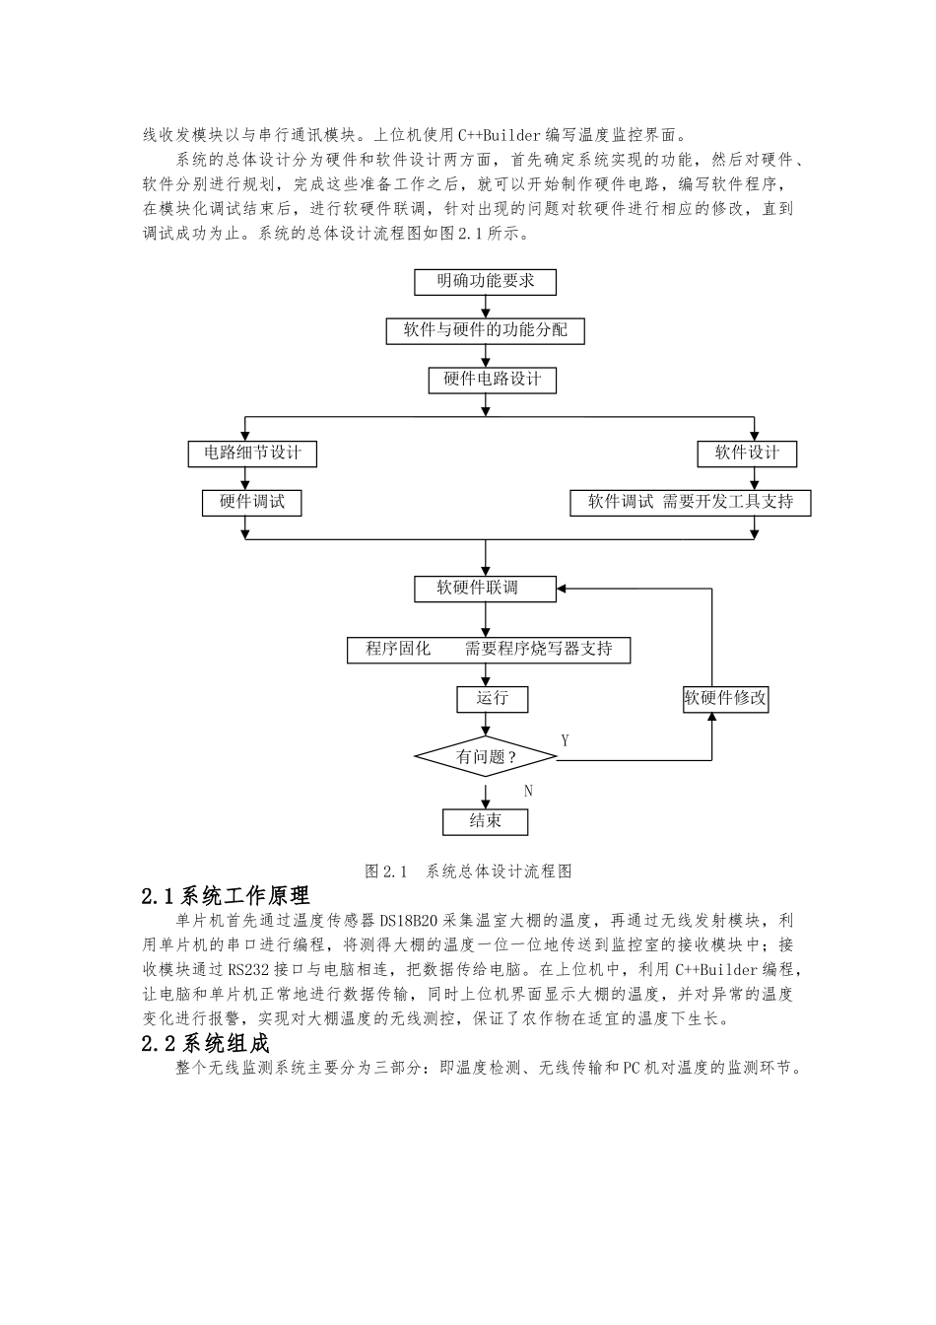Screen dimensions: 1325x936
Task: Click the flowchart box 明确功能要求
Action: tap(486, 282)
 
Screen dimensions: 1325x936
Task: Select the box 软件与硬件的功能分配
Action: tap(485, 330)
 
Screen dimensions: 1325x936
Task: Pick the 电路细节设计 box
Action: tap(253, 453)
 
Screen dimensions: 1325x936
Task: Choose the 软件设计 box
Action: tap(746, 453)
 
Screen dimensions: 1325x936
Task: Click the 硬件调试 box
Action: tap(251, 502)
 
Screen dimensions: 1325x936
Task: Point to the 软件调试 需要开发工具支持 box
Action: tap(691, 502)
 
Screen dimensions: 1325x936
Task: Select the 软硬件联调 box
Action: tap(485, 589)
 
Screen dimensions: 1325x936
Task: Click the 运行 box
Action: tap(493, 699)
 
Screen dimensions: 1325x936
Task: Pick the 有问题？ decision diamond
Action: tap(487, 757)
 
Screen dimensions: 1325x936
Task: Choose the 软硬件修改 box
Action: tap(725, 699)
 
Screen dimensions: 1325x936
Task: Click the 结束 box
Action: tap(485, 821)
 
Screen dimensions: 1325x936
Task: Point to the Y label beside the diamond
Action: tap(566, 740)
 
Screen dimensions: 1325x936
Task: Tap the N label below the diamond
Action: tap(528, 791)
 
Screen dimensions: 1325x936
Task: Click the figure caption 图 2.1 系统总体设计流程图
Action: tap(468, 872)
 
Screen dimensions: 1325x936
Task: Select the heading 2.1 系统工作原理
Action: tap(226, 896)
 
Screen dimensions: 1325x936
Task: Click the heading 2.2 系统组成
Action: tap(205, 1044)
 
